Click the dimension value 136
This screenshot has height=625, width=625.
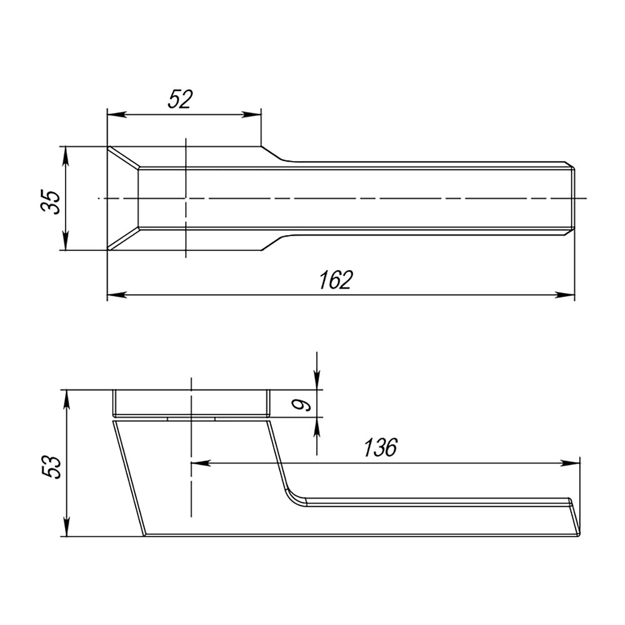click(x=380, y=448)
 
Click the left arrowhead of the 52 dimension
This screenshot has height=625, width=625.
click(x=117, y=114)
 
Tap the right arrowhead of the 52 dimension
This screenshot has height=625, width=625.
click(x=251, y=114)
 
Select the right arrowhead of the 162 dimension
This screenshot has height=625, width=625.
click(x=565, y=295)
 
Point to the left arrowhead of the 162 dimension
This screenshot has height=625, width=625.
click(x=117, y=295)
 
